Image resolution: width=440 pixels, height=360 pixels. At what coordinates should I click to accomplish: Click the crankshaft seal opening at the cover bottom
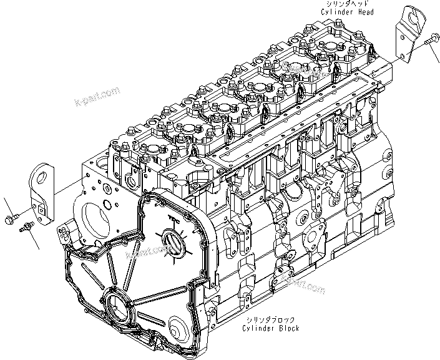tap(118, 309)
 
